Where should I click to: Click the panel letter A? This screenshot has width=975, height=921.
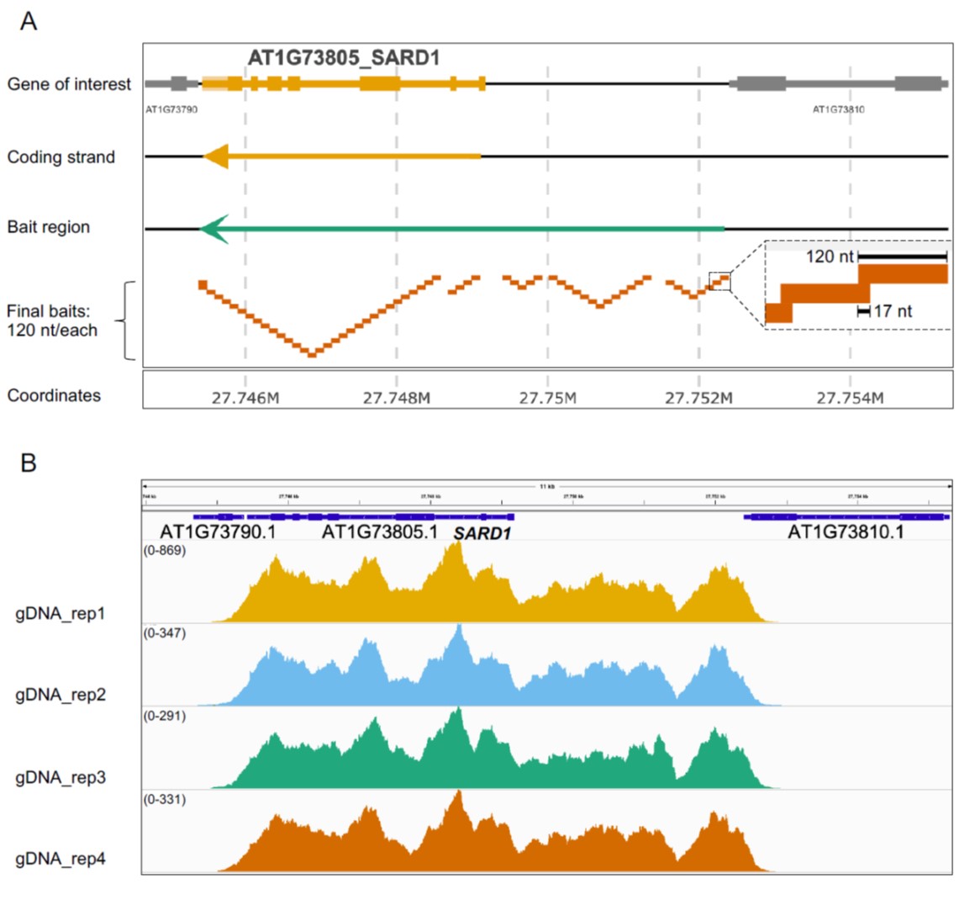click(x=29, y=21)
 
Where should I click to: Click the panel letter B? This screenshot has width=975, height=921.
click(x=29, y=463)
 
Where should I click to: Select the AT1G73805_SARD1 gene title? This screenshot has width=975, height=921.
click(x=343, y=58)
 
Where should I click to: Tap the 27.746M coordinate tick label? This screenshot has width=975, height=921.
click(x=245, y=398)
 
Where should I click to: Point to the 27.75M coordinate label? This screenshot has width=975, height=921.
click(x=547, y=398)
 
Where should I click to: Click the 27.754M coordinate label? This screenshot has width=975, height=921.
click(x=850, y=398)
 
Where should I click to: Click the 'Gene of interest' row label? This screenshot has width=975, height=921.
click(x=69, y=84)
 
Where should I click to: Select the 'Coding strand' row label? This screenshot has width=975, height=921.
click(x=61, y=157)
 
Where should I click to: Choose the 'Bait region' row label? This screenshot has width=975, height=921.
click(x=48, y=227)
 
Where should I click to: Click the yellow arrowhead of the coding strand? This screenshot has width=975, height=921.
click(x=216, y=156)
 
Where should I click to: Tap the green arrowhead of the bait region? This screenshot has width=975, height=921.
click(x=214, y=228)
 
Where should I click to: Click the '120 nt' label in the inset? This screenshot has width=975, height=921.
click(x=829, y=257)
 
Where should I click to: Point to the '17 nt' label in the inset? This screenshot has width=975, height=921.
click(x=893, y=311)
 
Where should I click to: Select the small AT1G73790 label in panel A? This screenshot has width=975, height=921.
click(x=171, y=109)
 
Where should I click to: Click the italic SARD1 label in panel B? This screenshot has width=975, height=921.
click(x=482, y=533)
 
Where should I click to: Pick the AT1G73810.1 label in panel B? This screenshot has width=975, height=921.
click(x=846, y=532)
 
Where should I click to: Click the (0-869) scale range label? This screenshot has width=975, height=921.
click(x=165, y=551)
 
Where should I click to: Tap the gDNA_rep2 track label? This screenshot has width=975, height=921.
click(x=61, y=695)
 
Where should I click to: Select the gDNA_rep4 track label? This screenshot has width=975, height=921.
click(x=61, y=859)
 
